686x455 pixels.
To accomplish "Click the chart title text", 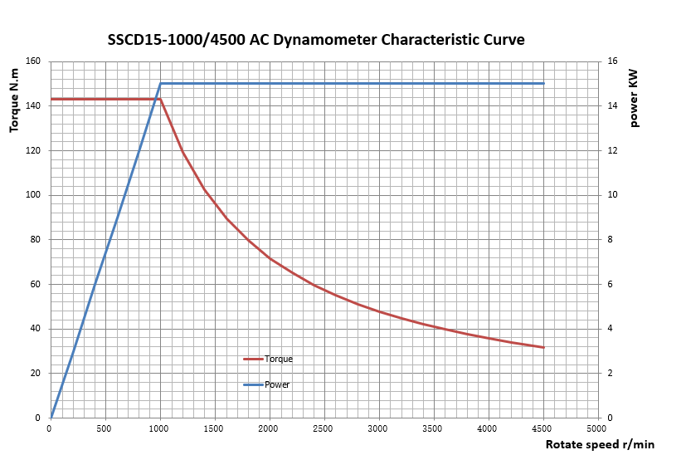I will pos(316,39).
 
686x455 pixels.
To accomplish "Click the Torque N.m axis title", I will pos(14,100).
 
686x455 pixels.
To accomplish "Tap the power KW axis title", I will pos(634,98).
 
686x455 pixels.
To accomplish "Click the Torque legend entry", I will pos(278,360).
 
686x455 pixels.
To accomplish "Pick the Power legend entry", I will pos(277,384).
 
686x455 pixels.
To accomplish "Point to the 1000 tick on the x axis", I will pos(159,428).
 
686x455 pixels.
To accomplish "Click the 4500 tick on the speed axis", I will pos(542,428).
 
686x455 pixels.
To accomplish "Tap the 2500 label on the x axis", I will pos(324,428).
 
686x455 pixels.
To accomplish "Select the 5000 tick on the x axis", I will pos(597,428).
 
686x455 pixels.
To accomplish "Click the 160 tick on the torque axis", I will pos(33,61).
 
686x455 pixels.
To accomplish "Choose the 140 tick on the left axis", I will pos(33,106).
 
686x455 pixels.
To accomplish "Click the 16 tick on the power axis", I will pos(611,61).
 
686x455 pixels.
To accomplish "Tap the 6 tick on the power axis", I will pos(610,285).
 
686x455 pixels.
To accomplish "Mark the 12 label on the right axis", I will pos(611,151).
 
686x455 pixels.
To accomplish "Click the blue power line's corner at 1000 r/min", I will pos(160,83).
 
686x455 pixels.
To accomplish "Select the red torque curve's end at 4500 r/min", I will pos(543,347).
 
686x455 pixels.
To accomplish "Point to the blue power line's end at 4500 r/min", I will pos(543,83).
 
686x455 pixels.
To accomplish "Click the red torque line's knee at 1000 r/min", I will pos(160,99).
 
